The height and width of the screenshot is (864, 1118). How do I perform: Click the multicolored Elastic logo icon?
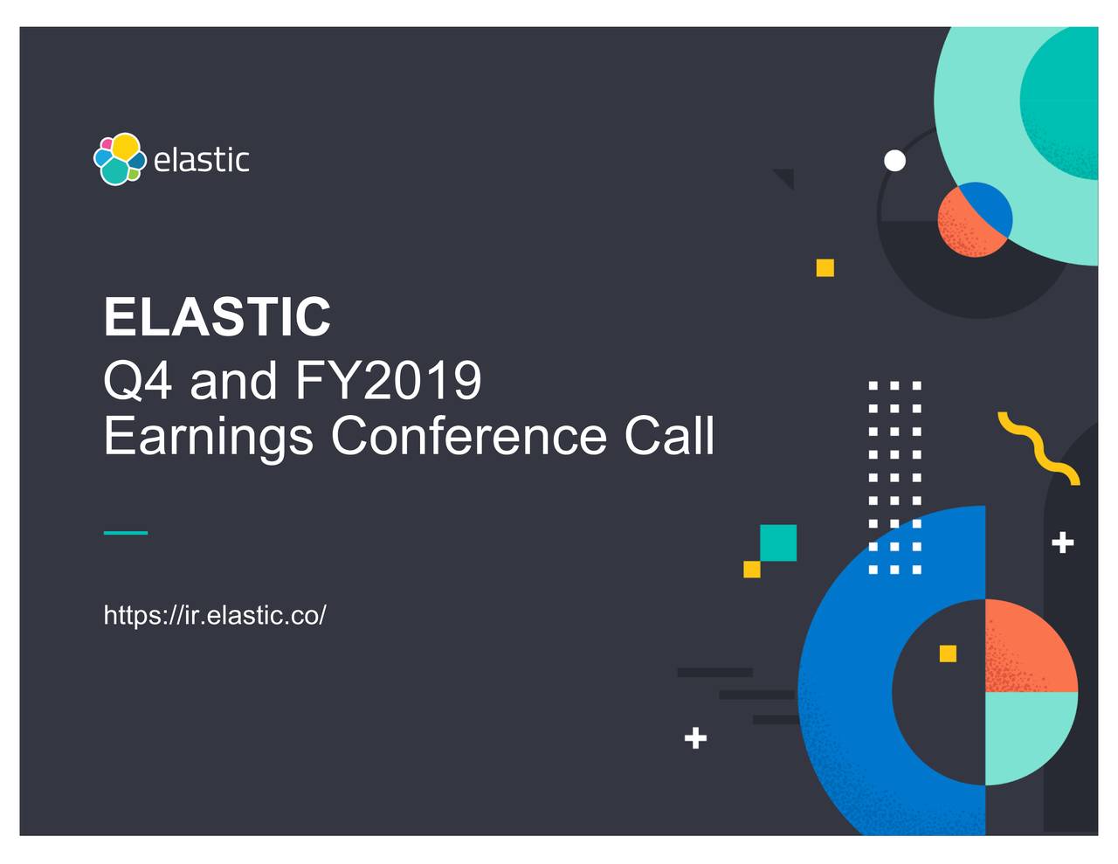[120, 159]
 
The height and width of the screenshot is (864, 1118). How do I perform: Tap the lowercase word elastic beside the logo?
[201, 160]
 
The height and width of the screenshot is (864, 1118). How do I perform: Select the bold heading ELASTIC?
[217, 316]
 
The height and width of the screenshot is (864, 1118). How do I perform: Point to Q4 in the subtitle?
[137, 381]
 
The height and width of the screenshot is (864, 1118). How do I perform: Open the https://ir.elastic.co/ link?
[215, 615]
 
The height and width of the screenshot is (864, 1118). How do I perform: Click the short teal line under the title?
[125, 532]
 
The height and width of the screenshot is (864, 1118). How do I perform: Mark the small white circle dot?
[894, 161]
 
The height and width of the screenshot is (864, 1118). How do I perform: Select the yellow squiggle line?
[1039, 447]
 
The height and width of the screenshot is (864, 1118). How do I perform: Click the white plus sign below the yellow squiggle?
[1062, 543]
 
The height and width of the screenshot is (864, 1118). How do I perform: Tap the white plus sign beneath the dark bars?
[695, 738]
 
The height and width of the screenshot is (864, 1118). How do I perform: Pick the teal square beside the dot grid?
[778, 543]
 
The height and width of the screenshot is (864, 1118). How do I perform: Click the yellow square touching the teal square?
[751, 570]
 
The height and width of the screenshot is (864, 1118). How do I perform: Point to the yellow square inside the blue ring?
[948, 653]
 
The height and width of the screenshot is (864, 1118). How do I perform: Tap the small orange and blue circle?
[975, 219]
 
